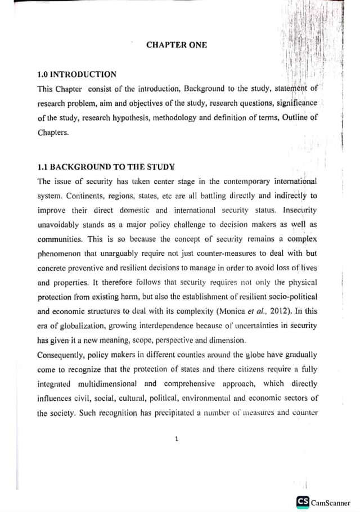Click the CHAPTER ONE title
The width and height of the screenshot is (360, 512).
[x=176, y=45]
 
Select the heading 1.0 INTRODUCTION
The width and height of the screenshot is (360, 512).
[x=76, y=74]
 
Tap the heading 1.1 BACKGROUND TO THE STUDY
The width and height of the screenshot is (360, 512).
[x=106, y=167]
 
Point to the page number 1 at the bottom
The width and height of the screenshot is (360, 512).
[x=177, y=439]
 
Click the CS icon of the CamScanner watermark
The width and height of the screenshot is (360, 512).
[x=303, y=502]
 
